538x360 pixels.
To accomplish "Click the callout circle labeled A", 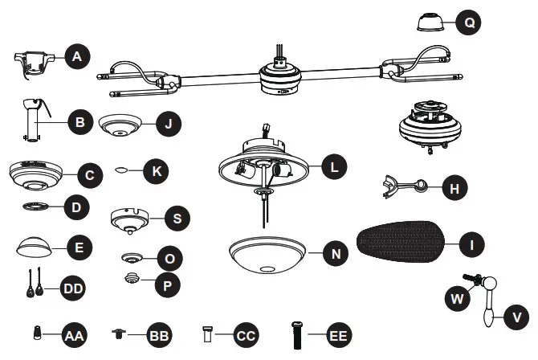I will [77, 56].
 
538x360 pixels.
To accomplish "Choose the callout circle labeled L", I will [334, 167].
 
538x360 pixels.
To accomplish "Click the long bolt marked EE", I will [295, 333].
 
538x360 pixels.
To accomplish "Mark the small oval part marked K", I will [122, 170].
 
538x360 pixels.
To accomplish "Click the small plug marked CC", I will [207, 333].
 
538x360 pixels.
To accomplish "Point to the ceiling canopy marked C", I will [37, 174].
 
